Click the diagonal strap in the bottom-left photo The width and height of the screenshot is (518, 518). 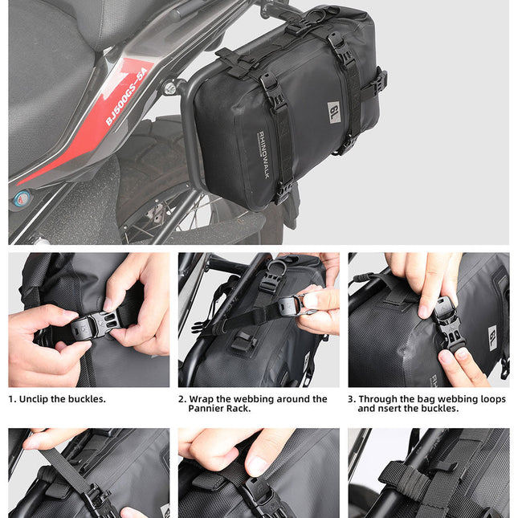click(x=68, y=470)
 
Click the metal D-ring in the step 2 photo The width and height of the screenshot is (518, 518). click(x=277, y=265)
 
